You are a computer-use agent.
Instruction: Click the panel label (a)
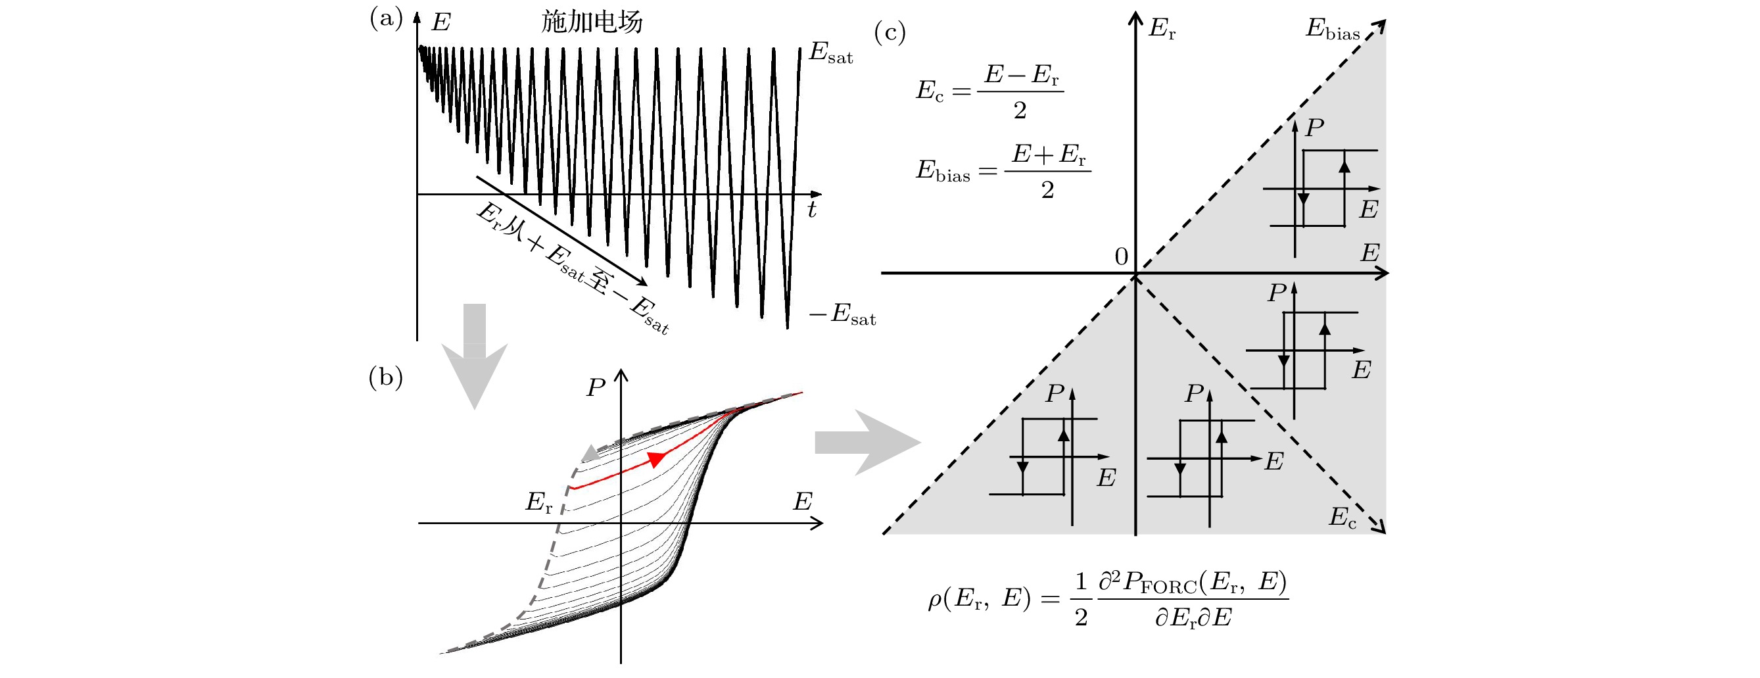[386, 18]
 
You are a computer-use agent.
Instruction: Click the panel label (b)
[385, 377]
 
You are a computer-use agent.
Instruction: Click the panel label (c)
[890, 32]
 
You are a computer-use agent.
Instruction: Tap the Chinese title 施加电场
[592, 22]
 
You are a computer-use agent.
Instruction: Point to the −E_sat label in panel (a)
[842, 315]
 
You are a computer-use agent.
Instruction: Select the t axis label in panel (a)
[812, 209]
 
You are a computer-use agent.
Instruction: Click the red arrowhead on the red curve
[656, 458]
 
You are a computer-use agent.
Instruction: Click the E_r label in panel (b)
[538, 503]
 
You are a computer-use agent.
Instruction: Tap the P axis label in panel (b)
[595, 388]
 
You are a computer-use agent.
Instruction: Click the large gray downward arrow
[474, 355]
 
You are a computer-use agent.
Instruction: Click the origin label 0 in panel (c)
[1121, 257]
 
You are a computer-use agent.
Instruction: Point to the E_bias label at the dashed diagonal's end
[1332, 30]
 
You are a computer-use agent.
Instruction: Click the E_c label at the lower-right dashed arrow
[1342, 518]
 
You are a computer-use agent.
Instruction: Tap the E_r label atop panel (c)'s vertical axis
[1162, 29]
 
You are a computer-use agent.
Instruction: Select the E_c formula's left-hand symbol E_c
[929, 91]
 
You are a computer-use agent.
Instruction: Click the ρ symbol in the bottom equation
[935, 601]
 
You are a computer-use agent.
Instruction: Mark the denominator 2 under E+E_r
[1047, 191]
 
